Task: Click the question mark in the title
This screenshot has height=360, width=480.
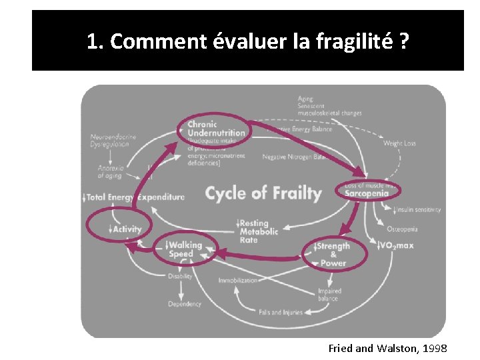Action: click(403, 41)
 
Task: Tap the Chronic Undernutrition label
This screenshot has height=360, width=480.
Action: click(216, 129)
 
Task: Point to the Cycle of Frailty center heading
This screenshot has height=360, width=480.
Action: click(263, 193)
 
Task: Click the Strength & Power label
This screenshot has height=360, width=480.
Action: click(333, 254)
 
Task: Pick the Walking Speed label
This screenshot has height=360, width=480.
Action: click(184, 249)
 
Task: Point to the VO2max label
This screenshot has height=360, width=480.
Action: click(396, 245)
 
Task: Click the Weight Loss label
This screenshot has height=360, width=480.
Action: click(399, 143)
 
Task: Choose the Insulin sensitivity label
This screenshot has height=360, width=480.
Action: click(417, 209)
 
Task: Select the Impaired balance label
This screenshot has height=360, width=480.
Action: click(329, 295)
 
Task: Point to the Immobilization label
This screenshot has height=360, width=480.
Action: click(238, 280)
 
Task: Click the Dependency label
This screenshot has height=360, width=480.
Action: click(184, 304)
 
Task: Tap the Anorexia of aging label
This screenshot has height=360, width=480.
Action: click(110, 171)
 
